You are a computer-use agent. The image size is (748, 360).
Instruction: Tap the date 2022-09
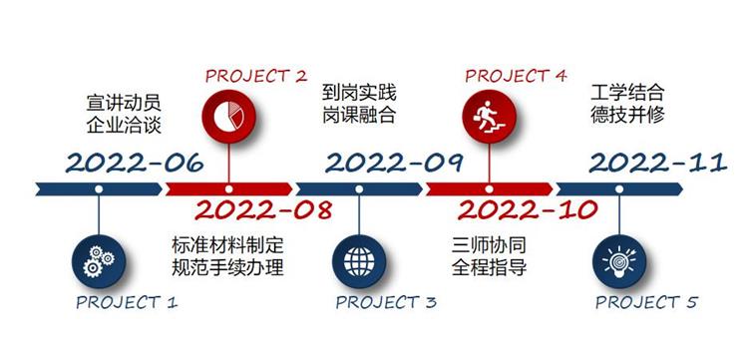click(392, 162)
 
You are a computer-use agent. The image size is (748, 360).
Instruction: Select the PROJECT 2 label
click(255, 76)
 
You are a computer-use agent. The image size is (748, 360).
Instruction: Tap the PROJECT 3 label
click(385, 302)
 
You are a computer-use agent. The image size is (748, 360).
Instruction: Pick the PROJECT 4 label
click(516, 76)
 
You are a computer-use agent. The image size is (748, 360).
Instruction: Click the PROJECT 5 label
click(647, 302)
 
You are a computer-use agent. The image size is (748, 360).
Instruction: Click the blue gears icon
click(99, 259)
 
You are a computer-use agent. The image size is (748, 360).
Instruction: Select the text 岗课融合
click(359, 115)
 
